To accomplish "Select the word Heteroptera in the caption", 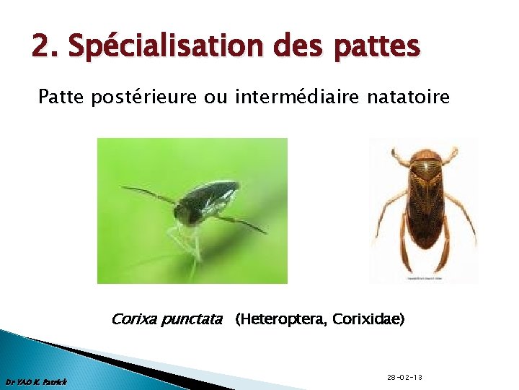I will [277, 318].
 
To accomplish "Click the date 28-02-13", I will [404, 378].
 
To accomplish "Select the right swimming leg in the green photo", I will [241, 222].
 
